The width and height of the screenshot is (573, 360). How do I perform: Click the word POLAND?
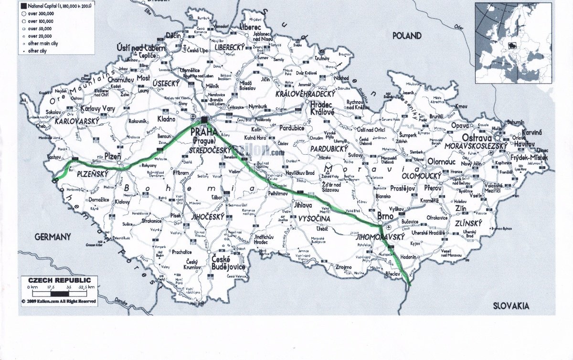407,36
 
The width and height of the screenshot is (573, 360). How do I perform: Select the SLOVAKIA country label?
511,306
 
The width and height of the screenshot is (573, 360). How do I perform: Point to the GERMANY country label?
53,237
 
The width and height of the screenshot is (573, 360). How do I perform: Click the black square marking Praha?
204,119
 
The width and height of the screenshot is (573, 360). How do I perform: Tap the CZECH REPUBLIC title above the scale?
56,280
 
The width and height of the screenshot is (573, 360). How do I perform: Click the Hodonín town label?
409,257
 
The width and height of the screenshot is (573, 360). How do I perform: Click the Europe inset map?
513,43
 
